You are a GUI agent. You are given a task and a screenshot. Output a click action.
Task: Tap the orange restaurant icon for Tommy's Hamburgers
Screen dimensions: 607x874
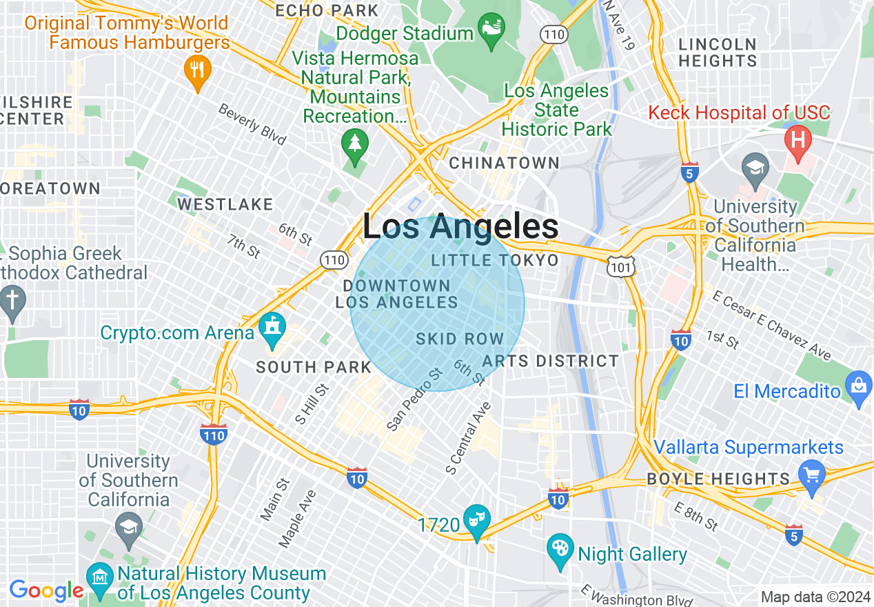(198, 70)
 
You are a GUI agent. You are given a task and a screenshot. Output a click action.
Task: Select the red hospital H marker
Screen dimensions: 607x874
(798, 139)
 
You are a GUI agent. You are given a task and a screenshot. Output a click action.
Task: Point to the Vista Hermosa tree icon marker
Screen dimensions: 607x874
(355, 145)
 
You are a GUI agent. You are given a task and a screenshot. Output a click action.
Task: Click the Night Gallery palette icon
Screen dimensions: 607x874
(560, 548)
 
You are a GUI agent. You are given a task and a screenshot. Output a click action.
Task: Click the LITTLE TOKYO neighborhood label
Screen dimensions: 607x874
(494, 260)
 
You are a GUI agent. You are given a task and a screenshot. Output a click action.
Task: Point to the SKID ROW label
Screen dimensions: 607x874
(460, 339)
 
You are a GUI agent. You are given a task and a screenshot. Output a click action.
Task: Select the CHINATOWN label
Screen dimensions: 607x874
(504, 163)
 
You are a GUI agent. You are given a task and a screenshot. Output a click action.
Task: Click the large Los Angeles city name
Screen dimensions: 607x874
(460, 226)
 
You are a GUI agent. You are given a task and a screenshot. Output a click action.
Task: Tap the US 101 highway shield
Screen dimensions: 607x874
(621, 265)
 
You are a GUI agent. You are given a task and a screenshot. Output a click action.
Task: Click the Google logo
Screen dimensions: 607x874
(46, 590)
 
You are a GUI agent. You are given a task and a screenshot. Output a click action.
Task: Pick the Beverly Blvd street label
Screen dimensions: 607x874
(252, 124)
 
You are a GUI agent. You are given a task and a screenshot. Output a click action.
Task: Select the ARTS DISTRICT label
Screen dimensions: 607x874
(550, 361)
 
